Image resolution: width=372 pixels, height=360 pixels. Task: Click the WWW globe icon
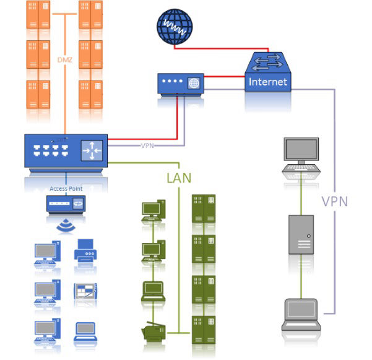coord(174,27)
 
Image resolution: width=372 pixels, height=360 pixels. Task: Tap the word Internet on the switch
coord(267,81)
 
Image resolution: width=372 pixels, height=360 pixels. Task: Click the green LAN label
coord(179,178)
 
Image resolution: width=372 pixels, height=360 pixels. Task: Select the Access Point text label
coord(66,188)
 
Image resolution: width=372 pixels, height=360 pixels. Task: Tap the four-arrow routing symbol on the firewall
coord(92,149)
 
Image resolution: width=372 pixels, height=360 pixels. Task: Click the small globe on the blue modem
coord(194,82)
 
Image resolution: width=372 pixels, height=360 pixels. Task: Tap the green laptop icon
coord(152,291)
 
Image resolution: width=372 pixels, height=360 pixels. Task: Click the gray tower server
coord(301,235)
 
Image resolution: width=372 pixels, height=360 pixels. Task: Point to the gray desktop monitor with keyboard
coord(301,156)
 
